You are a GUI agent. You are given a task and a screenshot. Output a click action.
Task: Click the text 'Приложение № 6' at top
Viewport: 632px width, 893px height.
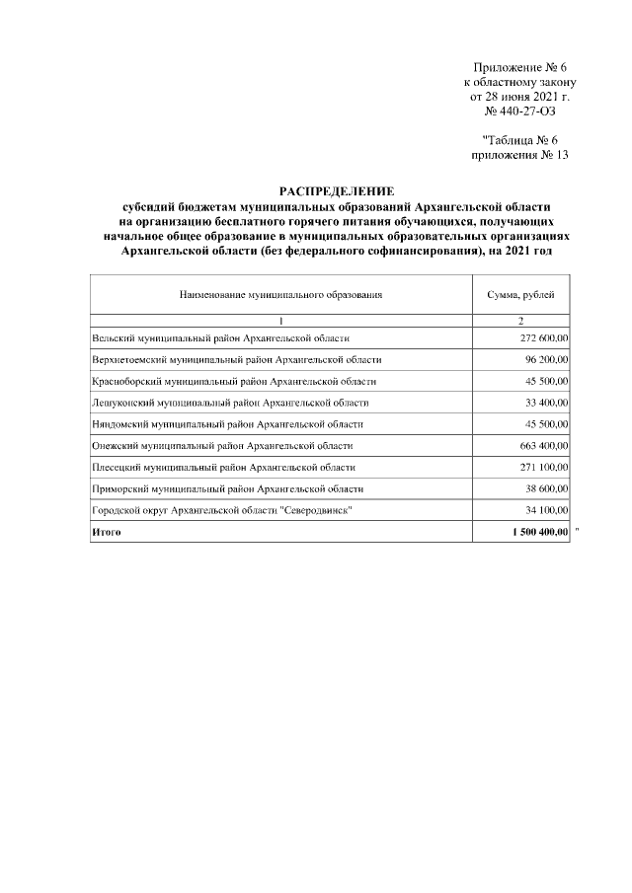(516, 66)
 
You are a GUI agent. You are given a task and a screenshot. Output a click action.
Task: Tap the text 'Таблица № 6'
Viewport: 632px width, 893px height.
(520, 140)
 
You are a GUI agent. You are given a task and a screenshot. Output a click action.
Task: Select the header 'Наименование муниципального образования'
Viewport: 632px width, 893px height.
(280, 295)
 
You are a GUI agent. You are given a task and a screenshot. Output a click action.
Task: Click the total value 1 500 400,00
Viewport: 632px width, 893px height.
(535, 533)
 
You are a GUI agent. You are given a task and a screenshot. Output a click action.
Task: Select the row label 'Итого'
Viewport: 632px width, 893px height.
(106, 533)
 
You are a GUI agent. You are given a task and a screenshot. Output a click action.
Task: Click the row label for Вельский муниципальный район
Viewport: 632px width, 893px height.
(220, 338)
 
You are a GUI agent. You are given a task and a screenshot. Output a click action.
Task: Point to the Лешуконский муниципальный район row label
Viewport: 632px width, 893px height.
(230, 403)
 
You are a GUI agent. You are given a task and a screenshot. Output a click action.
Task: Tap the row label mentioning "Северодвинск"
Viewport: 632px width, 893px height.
(221, 510)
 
